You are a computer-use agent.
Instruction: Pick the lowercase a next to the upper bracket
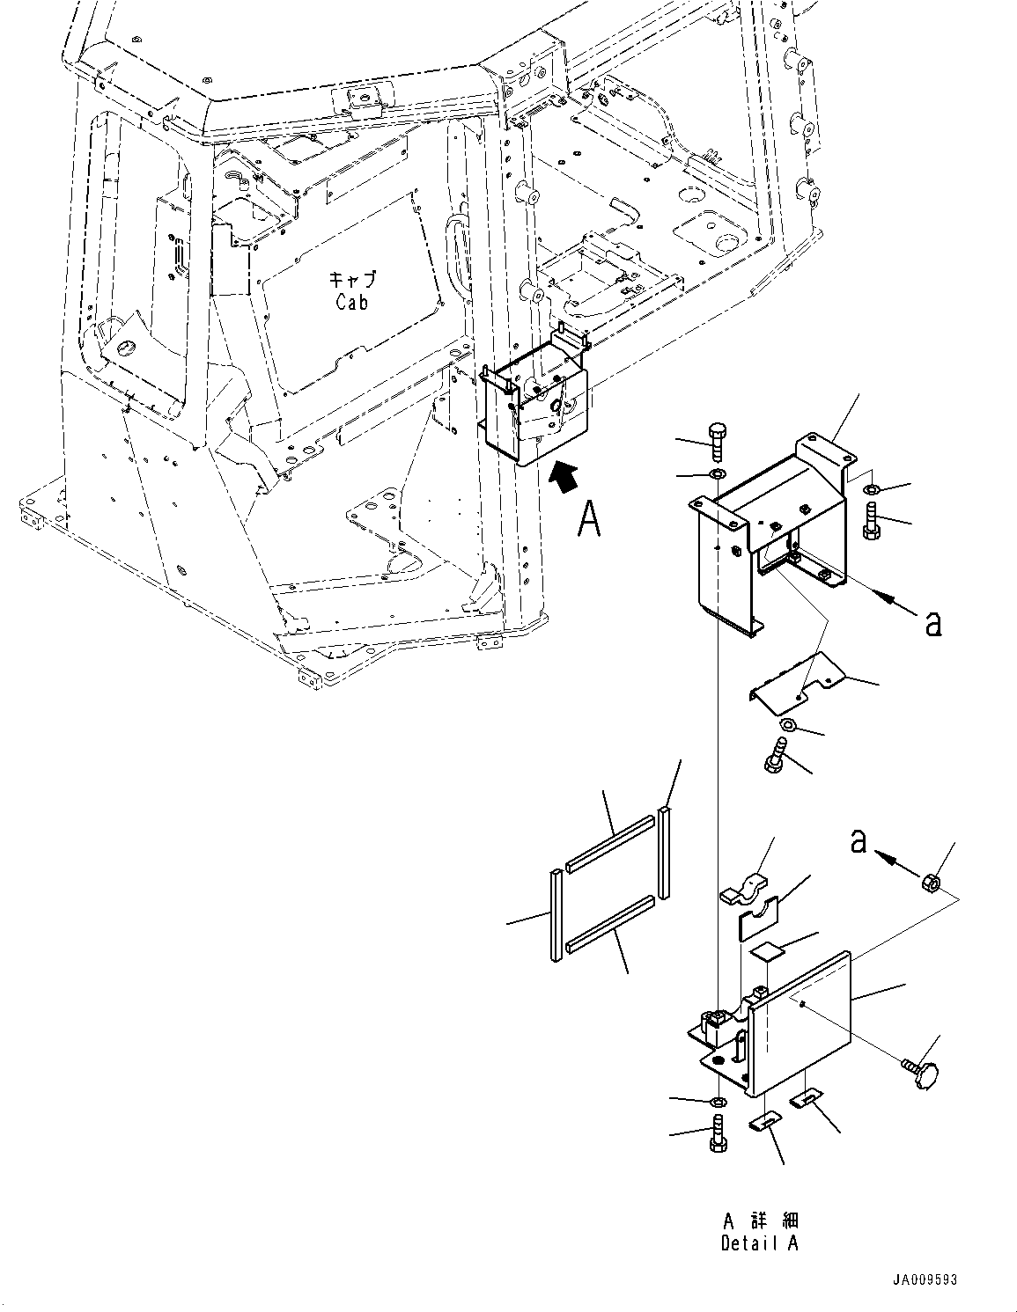pyautogui.click(x=933, y=623)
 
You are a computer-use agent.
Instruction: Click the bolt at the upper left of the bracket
pyautogui.click(x=717, y=440)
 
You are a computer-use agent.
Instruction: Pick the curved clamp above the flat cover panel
pyautogui.click(x=746, y=887)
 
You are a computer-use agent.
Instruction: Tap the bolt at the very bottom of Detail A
pyautogui.click(x=716, y=1133)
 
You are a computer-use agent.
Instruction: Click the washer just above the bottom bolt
pyautogui.click(x=718, y=1101)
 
